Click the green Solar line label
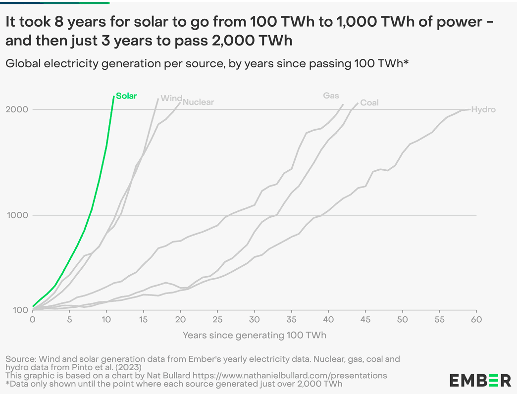pyautogui.click(x=126, y=96)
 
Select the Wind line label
pyautogui.click(x=171, y=98)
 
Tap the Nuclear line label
pyautogui.click(x=198, y=102)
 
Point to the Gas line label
pyautogui.click(x=331, y=96)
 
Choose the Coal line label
pyautogui.click(x=369, y=102)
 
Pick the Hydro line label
pyautogui.click(x=483, y=109)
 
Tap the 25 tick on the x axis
pyautogui.click(x=217, y=320)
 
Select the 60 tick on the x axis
pyautogui.click(x=476, y=320)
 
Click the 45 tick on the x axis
pyautogui.click(x=365, y=320)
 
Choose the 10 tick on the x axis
pyautogui.click(x=106, y=320)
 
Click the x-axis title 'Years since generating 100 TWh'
pyautogui.click(x=255, y=336)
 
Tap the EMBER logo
pyautogui.click(x=480, y=380)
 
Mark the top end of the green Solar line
pyautogui.click(x=114, y=97)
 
